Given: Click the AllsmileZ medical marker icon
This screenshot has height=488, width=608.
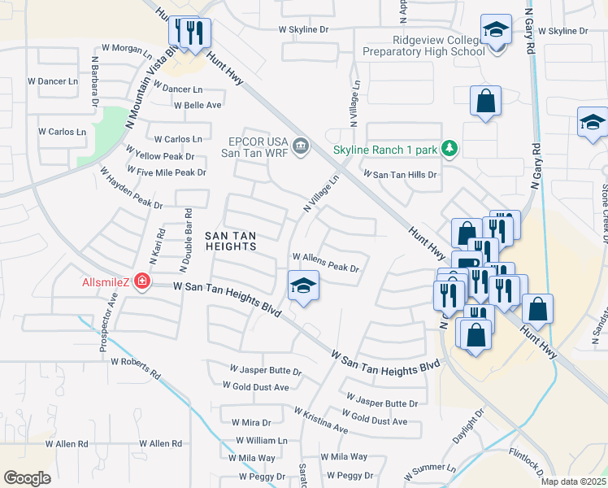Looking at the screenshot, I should point(143,281).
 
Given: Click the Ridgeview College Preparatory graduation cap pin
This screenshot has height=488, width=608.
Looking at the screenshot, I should point(496,31).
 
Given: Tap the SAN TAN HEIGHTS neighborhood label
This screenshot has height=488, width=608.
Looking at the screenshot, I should point(230,241).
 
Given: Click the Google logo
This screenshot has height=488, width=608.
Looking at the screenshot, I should point(28,478).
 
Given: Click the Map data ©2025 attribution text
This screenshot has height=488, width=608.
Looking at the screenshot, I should point(574,481).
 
